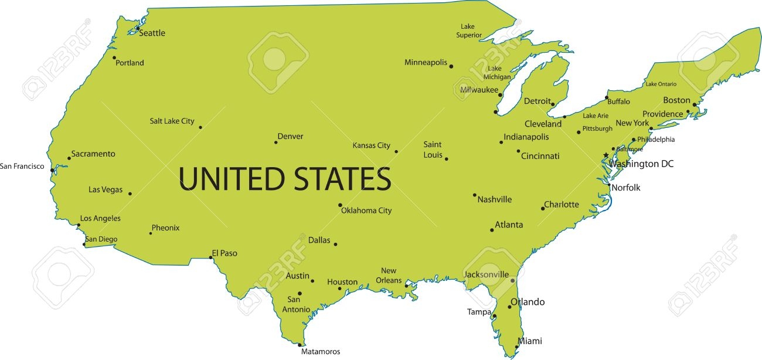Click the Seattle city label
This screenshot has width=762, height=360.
(152, 33)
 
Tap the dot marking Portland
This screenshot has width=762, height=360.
(114, 57)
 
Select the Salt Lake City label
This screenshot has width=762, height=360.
(172, 121)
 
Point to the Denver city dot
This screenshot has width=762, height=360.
(275, 142)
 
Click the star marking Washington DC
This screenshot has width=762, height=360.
(606, 155)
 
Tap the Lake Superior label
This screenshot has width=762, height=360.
(468, 30)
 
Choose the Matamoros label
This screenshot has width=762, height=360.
(320, 352)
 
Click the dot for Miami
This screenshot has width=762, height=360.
(516, 347)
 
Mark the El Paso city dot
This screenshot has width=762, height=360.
(211, 257)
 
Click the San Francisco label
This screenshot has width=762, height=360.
(22, 166)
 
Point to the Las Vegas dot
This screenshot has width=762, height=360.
(130, 193)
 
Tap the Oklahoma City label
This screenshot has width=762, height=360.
(366, 210)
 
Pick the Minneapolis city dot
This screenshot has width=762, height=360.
(451, 66)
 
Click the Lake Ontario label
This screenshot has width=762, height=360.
(661, 84)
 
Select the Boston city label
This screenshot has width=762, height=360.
(676, 100)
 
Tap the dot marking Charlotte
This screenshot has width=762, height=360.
(543, 208)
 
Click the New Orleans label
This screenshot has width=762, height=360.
(389, 275)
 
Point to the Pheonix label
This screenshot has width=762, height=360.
(165, 227)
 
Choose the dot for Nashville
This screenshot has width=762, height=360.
(475, 195)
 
